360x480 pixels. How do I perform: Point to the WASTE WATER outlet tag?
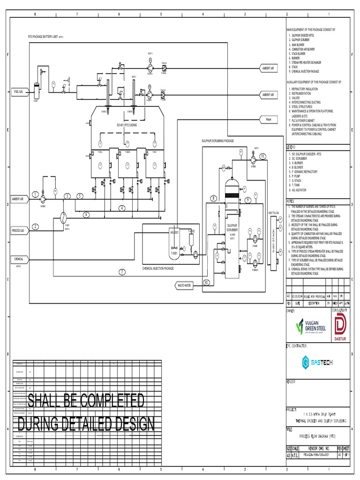click(x=184, y=285)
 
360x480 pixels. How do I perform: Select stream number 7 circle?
click(x=122, y=272)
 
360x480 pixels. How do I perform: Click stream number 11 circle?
click(x=262, y=156)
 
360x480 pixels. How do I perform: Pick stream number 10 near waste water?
click(x=206, y=282)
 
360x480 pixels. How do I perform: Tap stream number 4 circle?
click(x=121, y=208)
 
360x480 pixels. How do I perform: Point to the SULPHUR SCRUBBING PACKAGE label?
click(x=217, y=141)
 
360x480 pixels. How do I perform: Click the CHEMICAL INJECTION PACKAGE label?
click(x=158, y=269)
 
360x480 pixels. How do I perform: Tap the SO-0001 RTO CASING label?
click(x=127, y=125)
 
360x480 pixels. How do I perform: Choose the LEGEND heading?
click(x=291, y=147)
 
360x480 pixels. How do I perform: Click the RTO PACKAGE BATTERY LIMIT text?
click(x=43, y=36)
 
